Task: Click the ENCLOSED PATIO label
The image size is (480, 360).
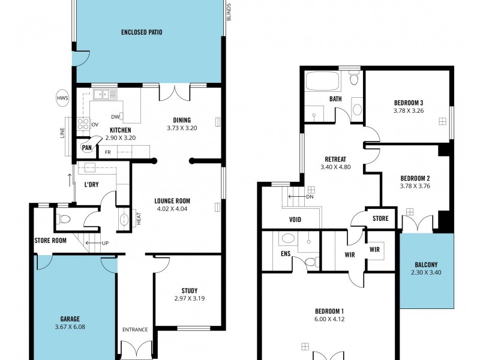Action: (x=142, y=32)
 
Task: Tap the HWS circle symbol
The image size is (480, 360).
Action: (x=62, y=98)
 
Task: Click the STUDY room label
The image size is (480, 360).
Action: (x=189, y=290)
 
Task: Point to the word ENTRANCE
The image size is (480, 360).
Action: (x=135, y=329)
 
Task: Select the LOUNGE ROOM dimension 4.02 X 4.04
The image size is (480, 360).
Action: (x=172, y=209)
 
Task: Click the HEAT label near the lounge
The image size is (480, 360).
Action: (x=139, y=220)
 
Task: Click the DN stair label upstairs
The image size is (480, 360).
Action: (x=310, y=197)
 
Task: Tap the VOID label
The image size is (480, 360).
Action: (x=295, y=220)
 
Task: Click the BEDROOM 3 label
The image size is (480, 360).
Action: (x=409, y=102)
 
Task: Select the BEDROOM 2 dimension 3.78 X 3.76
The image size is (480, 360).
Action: (x=415, y=186)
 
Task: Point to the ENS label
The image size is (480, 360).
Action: (x=286, y=254)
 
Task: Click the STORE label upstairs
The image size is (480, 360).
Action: (x=380, y=218)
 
